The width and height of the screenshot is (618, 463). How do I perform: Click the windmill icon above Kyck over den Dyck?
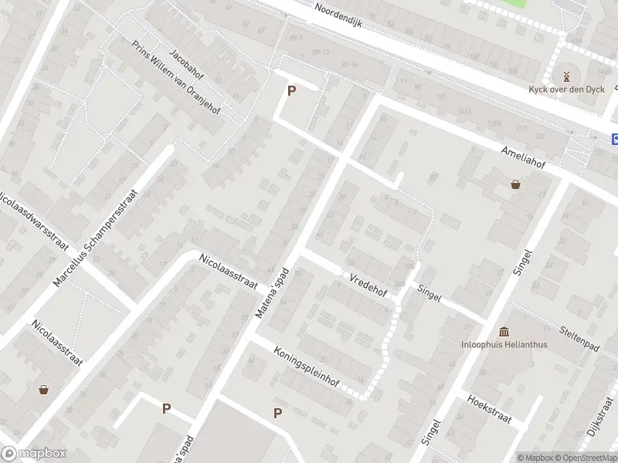pos(565,76)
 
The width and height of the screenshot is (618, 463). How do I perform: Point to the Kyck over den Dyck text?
pos(566,90)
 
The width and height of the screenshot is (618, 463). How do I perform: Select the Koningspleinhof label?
pos(306,367)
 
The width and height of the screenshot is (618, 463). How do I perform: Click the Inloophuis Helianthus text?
pos(504,344)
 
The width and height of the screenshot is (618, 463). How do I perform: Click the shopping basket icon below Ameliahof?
pos(515,184)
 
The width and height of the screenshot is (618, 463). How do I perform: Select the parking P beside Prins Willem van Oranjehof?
pos(291,91)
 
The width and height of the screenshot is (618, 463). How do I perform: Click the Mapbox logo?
pos(32,454)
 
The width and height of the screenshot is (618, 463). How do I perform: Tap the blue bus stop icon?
pos(615,140)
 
